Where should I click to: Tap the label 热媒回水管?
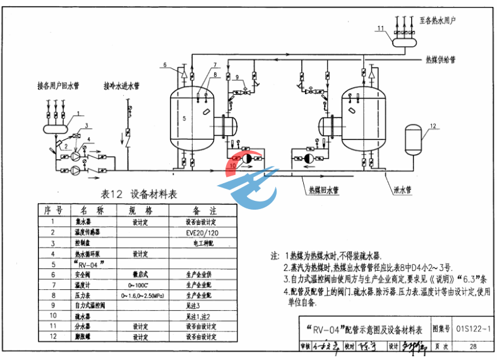(x=323, y=189)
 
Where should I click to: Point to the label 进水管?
(x=402, y=189)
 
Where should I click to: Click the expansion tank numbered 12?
(x=412, y=140)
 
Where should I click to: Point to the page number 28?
(x=473, y=346)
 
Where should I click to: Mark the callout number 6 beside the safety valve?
(x=164, y=65)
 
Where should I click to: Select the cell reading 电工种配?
(x=203, y=243)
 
